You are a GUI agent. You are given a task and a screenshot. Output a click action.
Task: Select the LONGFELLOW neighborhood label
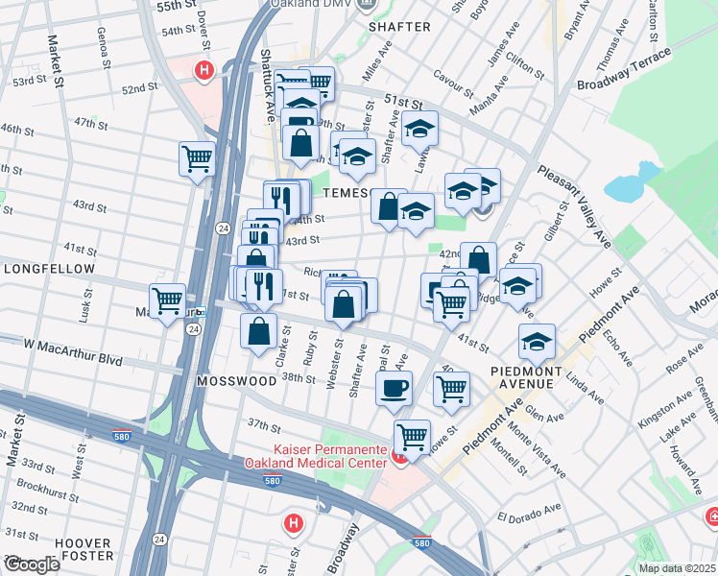[49, 270]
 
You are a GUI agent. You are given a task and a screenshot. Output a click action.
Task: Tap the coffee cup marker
[394, 389]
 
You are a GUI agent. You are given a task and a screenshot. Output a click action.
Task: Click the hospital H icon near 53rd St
[203, 69]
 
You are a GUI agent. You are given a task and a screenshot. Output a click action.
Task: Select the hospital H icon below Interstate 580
[294, 524]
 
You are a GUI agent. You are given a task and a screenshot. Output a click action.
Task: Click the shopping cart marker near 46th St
[197, 158]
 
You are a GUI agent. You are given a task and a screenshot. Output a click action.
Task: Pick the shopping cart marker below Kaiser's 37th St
[412, 437]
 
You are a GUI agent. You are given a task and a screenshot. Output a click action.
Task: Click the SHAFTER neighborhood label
[399, 27]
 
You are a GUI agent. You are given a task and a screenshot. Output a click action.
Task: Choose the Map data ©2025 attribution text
[676, 567]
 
